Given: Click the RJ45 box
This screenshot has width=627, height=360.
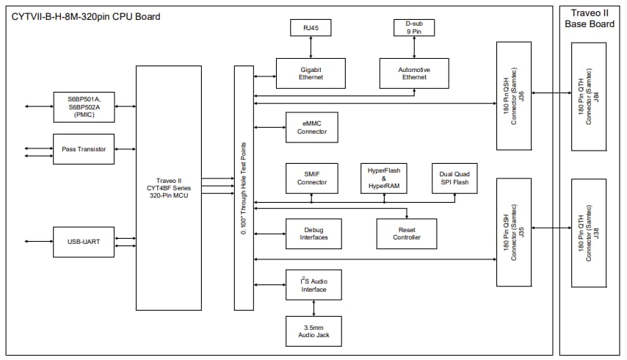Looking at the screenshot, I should click(x=311, y=29).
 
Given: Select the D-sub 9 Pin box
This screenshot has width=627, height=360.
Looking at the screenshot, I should click(x=414, y=29).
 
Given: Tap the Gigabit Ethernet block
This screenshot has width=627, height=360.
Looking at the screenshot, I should click(x=311, y=73).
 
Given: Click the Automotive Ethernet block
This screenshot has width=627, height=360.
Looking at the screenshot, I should click(x=414, y=73).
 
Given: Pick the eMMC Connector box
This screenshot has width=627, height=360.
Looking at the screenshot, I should click(x=311, y=127).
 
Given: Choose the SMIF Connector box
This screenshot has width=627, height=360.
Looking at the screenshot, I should click(x=311, y=178).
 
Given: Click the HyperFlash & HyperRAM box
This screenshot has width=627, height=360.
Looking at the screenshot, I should click(x=383, y=178).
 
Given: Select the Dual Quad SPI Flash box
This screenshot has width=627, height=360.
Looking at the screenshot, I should click(x=454, y=178).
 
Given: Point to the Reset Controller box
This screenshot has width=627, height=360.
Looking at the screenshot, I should click(x=406, y=233).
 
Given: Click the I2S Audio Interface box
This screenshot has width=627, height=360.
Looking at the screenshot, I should click(x=313, y=284).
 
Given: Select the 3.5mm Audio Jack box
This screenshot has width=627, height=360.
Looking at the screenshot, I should click(x=313, y=331).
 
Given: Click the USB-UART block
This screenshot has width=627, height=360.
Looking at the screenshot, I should click(x=84, y=242).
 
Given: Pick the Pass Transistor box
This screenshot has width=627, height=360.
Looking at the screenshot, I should click(x=84, y=149).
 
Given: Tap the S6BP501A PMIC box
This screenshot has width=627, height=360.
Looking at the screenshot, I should click(x=84, y=107).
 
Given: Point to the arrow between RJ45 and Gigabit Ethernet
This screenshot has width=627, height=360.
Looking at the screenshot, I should click(x=311, y=47).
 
